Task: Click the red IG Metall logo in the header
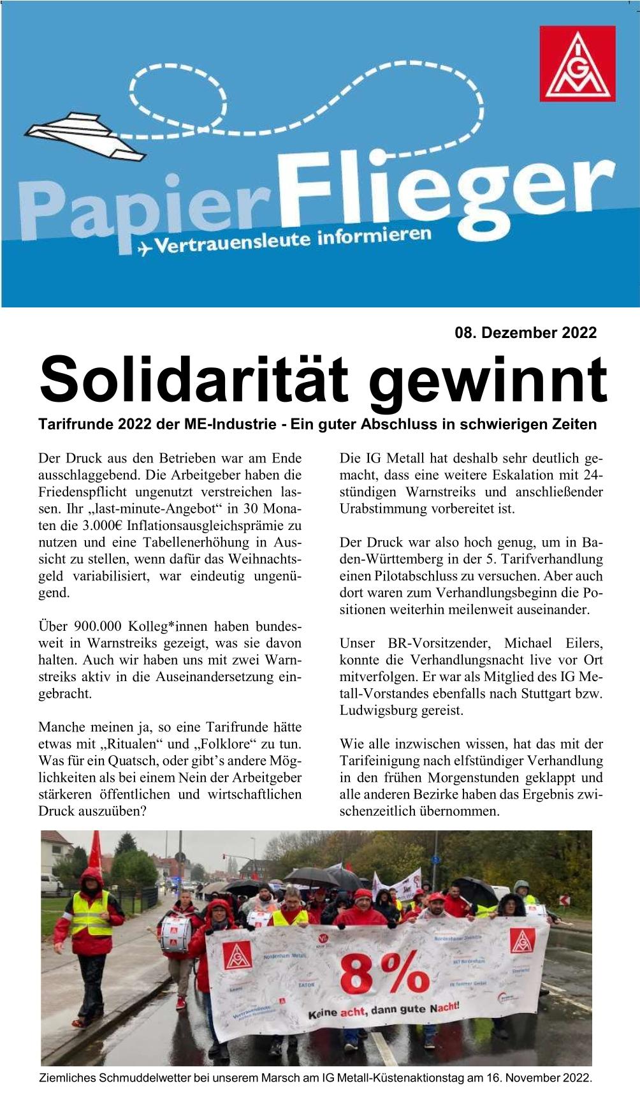[x=578, y=64]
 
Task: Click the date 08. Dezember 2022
[x=525, y=332]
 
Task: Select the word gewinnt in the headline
[x=488, y=381]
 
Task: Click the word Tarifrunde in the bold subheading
[x=77, y=424]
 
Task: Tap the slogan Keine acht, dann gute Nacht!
[x=384, y=1009]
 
